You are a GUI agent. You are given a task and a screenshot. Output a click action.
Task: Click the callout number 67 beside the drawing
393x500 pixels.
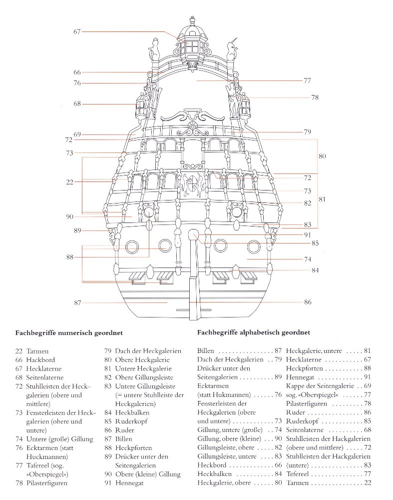tap(77, 31)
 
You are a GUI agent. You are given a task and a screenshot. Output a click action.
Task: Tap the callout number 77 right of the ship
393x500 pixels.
tap(308, 80)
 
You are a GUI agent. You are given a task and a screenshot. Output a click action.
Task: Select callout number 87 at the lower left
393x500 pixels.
tap(77, 303)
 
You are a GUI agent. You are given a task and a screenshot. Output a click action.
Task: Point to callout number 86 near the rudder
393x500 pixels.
tap(308, 302)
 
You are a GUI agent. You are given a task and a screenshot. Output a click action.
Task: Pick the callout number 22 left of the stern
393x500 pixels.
tap(69, 182)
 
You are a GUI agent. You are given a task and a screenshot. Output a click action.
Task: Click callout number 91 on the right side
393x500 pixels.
tap(308, 234)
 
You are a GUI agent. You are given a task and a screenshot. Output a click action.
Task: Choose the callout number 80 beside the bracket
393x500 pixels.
tap(322, 156)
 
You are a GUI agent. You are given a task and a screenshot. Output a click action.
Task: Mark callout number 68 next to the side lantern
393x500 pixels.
tap(77, 104)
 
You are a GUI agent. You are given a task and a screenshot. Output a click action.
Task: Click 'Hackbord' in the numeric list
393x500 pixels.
tap(41, 360)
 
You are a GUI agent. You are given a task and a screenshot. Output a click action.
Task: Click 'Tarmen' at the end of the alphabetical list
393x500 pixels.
tap(298, 483)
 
